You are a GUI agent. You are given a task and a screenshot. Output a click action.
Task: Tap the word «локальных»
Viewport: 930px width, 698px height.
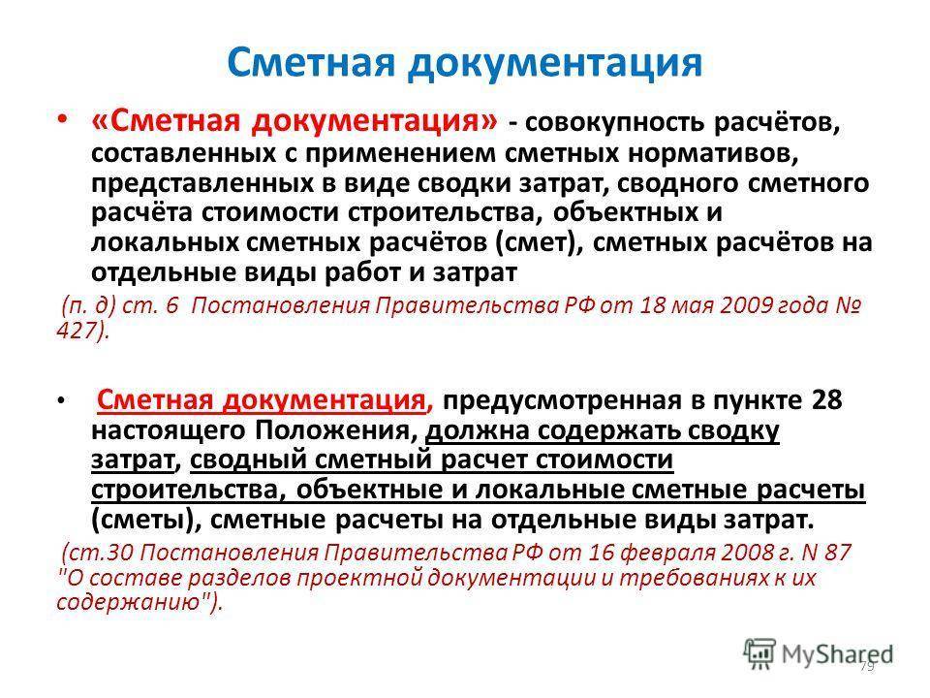click(x=165, y=242)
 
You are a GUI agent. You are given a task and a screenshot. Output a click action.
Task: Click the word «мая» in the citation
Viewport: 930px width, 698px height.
click(x=691, y=305)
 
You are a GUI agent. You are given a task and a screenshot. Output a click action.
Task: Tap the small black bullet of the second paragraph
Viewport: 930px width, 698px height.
click(x=60, y=400)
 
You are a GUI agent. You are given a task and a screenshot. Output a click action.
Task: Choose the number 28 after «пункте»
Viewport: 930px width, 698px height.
click(x=826, y=400)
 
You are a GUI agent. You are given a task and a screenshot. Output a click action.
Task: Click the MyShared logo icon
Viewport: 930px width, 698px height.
click(x=759, y=654)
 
